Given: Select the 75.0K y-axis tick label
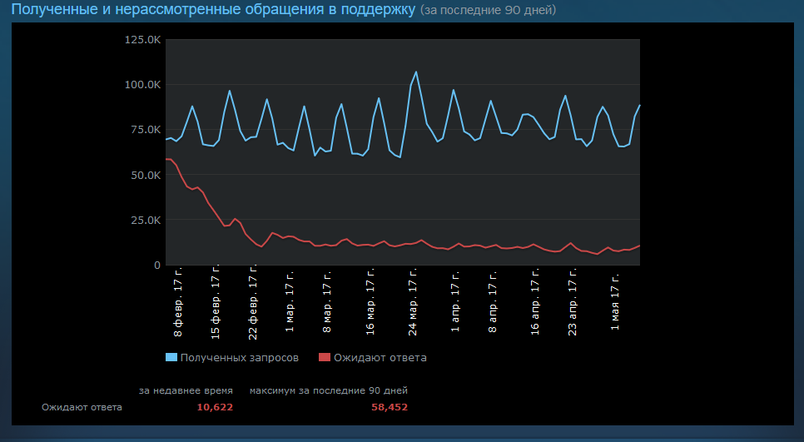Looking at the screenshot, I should pyautogui.click(x=145, y=130).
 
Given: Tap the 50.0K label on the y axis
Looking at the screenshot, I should pyautogui.click(x=145, y=175).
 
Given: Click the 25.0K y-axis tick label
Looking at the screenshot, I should pyautogui.click(x=145, y=220).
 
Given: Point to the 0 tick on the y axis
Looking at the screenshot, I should pyautogui.click(x=156, y=265).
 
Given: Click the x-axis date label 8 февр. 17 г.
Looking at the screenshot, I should pyautogui.click(x=178, y=302).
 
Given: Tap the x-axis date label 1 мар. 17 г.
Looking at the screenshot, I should pyautogui.click(x=290, y=301).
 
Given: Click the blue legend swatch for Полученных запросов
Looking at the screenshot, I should pyautogui.click(x=171, y=358).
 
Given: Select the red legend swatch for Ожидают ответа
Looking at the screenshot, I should pyautogui.click(x=325, y=358).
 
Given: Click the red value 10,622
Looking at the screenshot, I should pyautogui.click(x=215, y=407).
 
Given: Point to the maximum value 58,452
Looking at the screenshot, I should pyautogui.click(x=390, y=407).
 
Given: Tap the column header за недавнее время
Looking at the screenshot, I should pyautogui.click(x=186, y=390).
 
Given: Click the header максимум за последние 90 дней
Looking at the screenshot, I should pyautogui.click(x=329, y=390).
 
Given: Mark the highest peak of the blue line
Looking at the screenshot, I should pyautogui.click(x=416, y=72).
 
